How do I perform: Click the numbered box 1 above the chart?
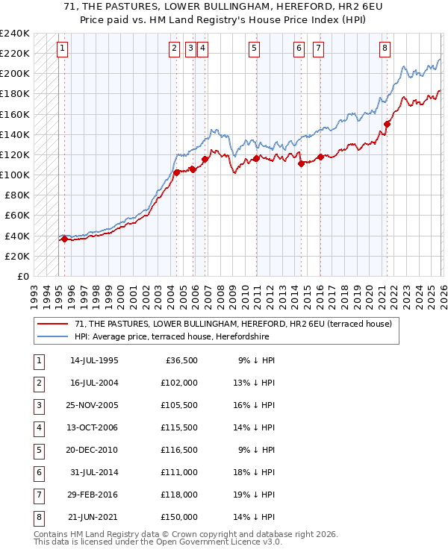[62, 49]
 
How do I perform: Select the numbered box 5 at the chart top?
[255, 49]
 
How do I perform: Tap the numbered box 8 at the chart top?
[385, 49]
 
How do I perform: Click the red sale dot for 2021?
[388, 125]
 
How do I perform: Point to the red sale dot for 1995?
[64, 239]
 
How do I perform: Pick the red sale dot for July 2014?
[301, 164]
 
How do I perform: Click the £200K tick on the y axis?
[15, 74]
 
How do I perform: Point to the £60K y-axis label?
[17, 216]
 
